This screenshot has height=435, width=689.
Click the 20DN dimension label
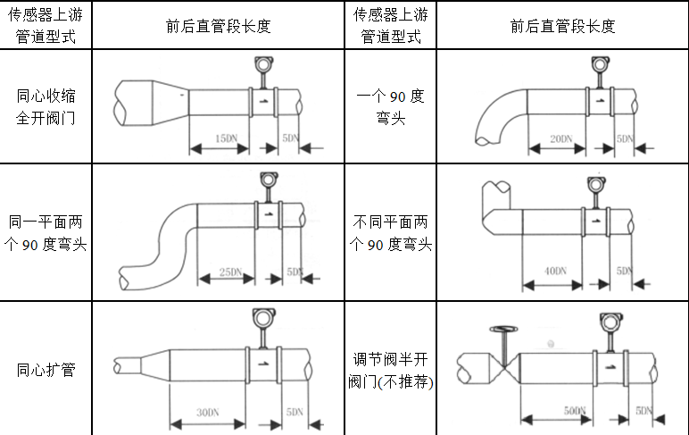coord(560,138)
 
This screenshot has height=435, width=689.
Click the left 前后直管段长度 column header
coord(218,26)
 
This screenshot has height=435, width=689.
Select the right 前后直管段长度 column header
coord(562,26)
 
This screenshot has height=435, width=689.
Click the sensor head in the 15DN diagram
coord(262,64)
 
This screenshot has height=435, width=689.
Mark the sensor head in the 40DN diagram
coord(595,185)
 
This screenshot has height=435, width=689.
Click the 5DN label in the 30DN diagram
coord(293,412)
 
